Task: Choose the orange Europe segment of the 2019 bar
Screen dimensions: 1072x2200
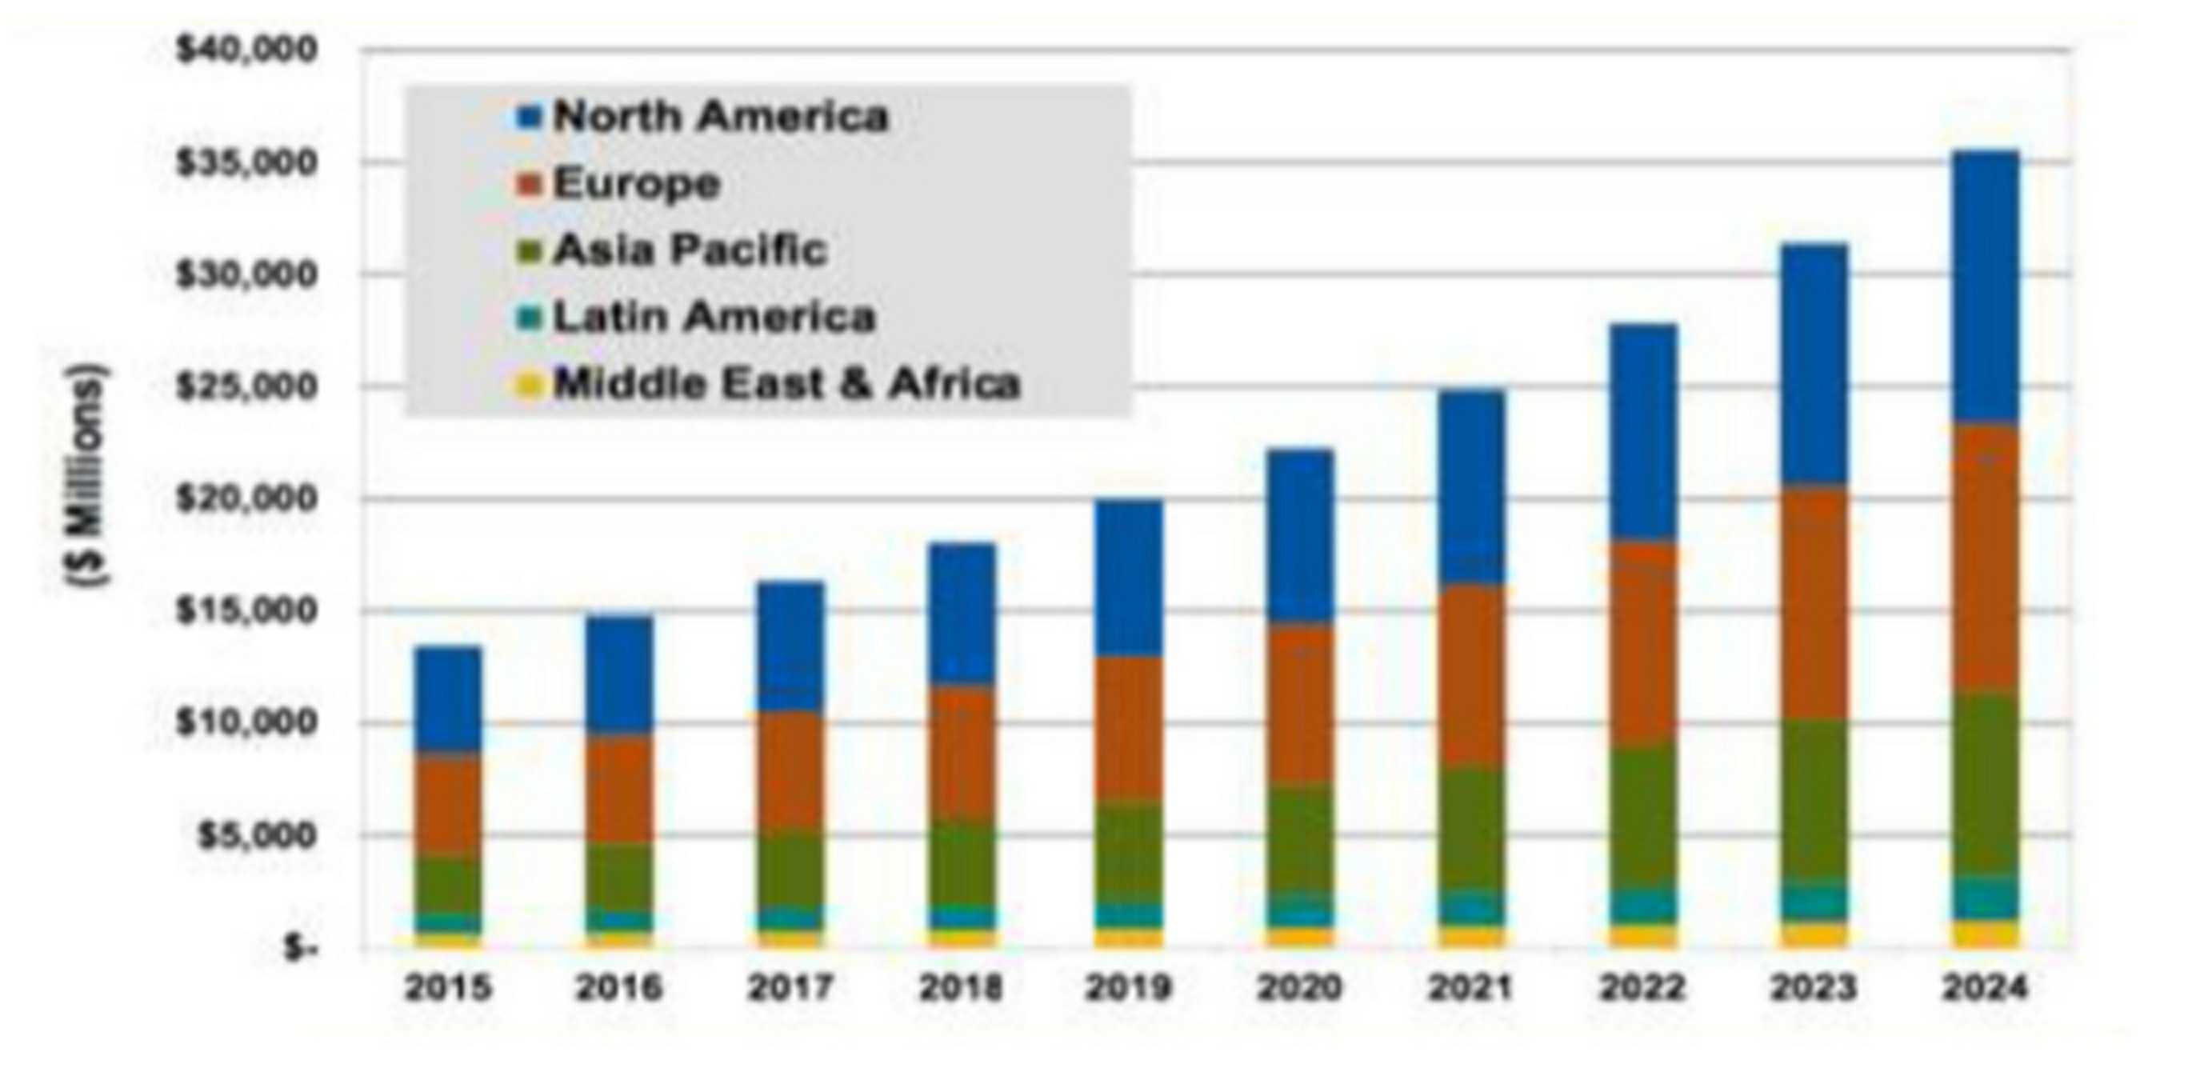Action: tap(1130, 728)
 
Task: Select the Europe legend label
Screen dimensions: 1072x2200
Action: tap(637, 182)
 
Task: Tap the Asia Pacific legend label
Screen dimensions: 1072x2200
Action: tap(690, 250)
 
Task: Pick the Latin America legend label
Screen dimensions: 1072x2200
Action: tap(714, 317)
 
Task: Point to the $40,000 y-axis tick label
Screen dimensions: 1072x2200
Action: tap(246, 50)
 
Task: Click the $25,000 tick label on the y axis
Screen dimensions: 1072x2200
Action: tap(246, 387)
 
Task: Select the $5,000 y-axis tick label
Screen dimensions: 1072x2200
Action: tap(256, 835)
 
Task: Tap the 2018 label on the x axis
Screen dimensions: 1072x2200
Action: tap(960, 988)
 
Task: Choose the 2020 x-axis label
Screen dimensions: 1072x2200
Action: tap(1300, 988)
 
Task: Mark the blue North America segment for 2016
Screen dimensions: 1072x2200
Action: tap(619, 675)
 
